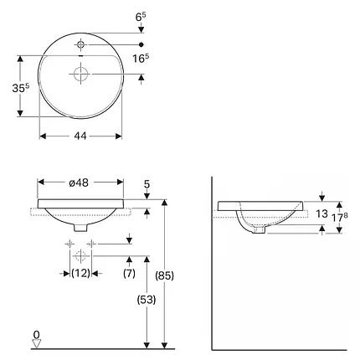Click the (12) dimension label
[x=80, y=273]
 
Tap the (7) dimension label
[x=129, y=273]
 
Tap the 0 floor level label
[x=35, y=334]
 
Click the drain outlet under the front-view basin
[x=80, y=228]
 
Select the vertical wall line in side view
[x=212, y=268]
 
